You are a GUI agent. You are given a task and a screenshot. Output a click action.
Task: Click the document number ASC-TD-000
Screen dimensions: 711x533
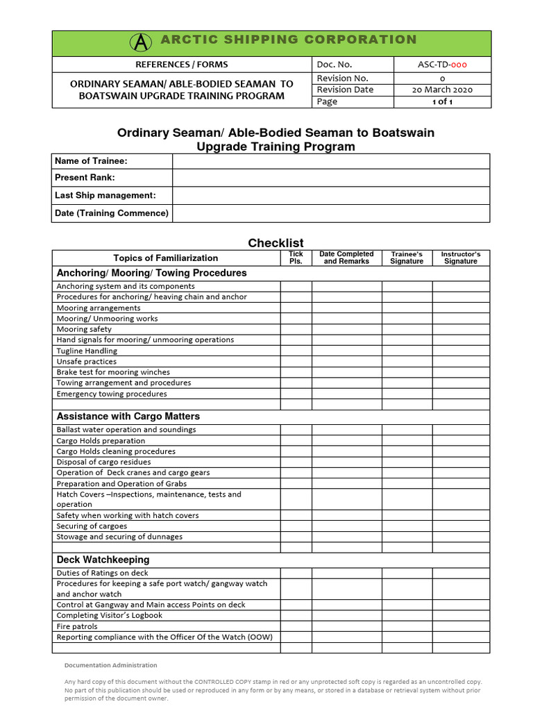tap(443, 65)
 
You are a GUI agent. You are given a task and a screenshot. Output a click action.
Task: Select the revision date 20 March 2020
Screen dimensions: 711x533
tap(443, 90)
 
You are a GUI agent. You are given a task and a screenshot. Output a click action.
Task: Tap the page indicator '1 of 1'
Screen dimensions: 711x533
tap(443, 101)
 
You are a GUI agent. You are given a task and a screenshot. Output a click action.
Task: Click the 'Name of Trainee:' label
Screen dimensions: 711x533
tap(91, 161)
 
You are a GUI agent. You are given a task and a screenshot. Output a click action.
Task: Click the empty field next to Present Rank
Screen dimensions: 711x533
tap(331, 178)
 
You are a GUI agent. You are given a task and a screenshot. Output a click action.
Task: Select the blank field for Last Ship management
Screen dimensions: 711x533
tap(331, 196)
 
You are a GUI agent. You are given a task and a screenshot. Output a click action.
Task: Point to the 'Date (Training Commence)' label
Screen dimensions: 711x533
tap(112, 213)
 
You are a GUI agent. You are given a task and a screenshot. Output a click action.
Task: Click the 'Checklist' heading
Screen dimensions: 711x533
tap(276, 242)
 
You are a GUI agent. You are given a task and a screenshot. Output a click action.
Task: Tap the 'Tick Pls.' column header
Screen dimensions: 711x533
tap(296, 258)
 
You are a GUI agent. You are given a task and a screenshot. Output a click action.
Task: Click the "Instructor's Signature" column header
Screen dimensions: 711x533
tap(461, 258)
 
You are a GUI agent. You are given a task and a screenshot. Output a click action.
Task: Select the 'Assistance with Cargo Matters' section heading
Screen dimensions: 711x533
tap(128, 417)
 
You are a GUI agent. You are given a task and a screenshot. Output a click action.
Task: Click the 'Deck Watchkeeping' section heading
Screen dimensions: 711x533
tap(103, 560)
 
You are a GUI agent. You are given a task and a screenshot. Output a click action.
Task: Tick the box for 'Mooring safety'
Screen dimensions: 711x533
tap(296, 329)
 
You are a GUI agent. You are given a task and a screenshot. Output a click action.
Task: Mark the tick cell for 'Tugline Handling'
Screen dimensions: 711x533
tap(296, 351)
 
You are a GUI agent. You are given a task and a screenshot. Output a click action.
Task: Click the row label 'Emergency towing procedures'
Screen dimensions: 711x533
tap(112, 394)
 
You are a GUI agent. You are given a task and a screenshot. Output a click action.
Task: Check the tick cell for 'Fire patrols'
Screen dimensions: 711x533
tap(296, 626)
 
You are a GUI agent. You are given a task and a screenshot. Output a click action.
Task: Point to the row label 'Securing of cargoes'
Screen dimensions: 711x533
tap(92, 526)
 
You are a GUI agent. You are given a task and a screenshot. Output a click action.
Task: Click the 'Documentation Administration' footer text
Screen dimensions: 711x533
tap(111, 665)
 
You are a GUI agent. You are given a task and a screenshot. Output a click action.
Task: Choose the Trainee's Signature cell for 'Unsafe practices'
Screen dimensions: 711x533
tap(407, 362)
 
